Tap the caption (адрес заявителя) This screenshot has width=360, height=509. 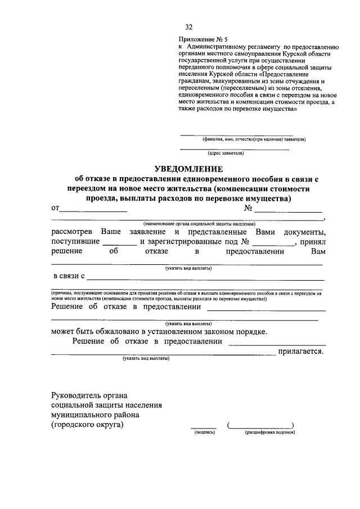(x=226, y=152)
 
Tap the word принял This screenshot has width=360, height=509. (x=313, y=242)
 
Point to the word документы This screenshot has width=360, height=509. (x=304, y=232)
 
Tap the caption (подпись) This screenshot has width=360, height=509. (x=202, y=433)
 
